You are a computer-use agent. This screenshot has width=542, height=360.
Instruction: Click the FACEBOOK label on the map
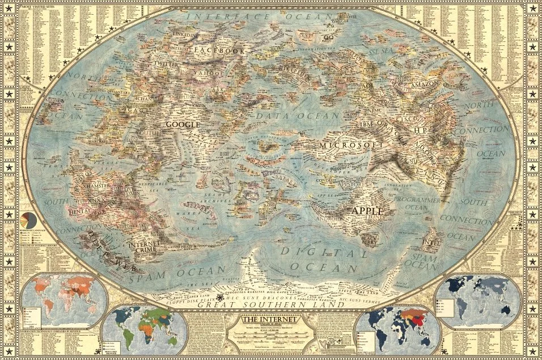coord(219,50)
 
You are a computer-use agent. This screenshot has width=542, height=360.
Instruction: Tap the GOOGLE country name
coord(183,124)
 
